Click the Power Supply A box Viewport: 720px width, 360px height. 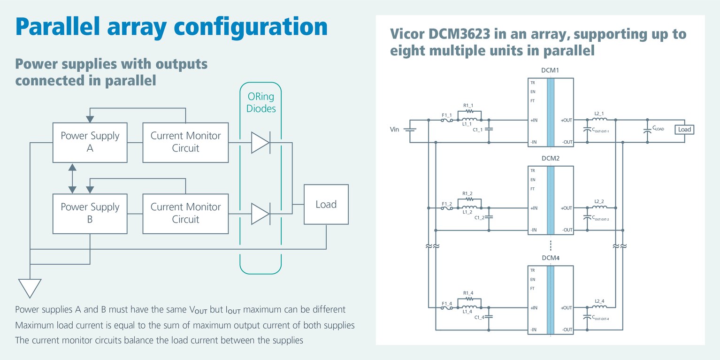point(90,142)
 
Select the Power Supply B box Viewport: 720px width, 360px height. point(90,214)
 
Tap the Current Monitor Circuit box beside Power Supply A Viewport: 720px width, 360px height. point(185,142)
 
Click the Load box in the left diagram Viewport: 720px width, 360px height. point(326,204)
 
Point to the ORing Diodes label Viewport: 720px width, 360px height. point(261,103)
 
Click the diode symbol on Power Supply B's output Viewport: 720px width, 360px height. point(260,214)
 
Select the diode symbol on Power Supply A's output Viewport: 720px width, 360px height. point(260,143)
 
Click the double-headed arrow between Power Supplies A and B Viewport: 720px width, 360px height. point(72,178)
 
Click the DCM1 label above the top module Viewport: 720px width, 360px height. point(550,70)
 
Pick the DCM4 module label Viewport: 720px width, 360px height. point(550,258)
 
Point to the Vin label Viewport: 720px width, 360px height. point(394,129)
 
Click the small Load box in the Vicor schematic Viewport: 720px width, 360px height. point(684,130)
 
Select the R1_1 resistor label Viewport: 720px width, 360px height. point(468,106)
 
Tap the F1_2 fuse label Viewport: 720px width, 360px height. point(446,203)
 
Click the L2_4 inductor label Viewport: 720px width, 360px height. point(599,301)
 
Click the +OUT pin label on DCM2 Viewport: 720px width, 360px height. point(567,208)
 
